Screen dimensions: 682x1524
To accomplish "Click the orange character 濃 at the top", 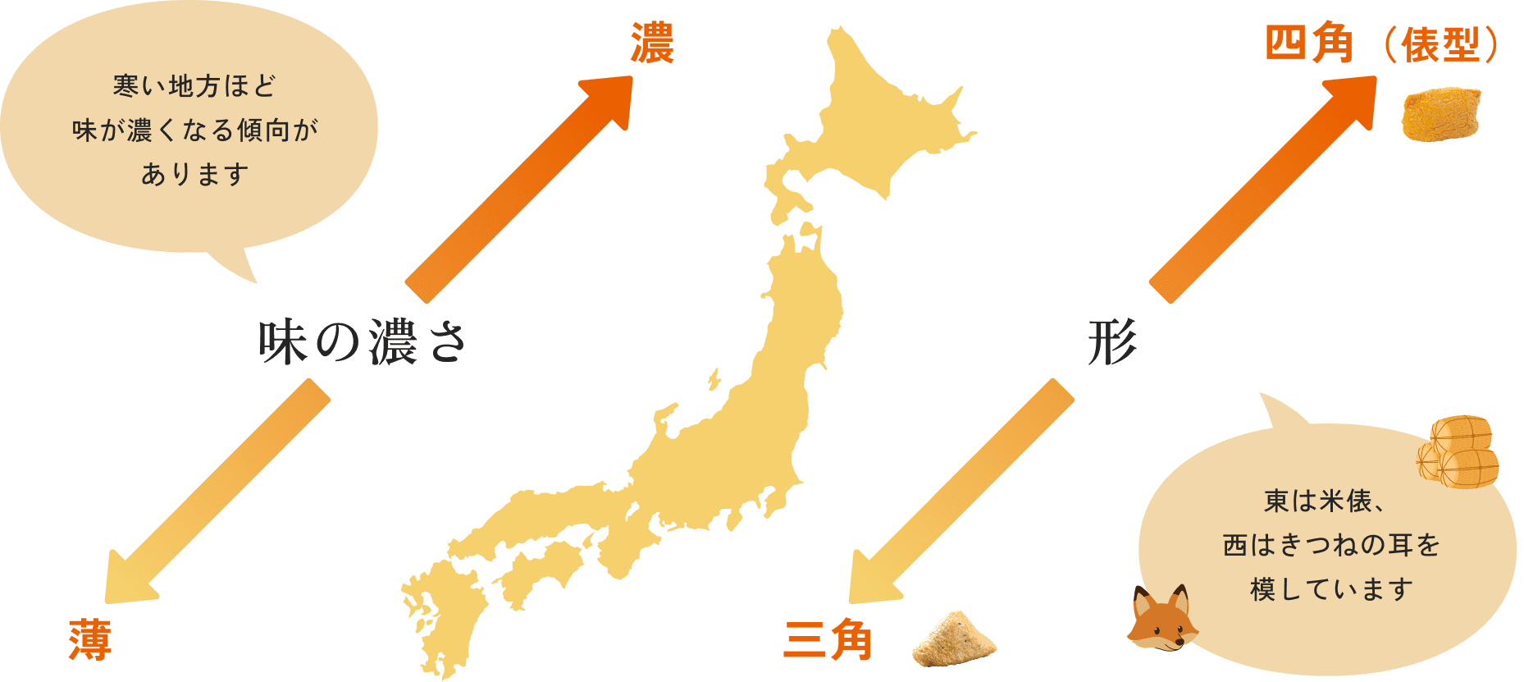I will (x=652, y=43).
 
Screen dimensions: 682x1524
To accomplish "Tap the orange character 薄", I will (x=90, y=639).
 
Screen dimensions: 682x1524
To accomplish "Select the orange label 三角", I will (x=828, y=641).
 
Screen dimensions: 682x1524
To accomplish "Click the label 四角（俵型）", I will (x=1383, y=44).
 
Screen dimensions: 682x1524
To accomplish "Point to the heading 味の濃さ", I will (x=362, y=341).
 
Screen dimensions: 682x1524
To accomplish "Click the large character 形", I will (x=1112, y=341).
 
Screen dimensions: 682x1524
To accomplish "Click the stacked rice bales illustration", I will (x=1458, y=452).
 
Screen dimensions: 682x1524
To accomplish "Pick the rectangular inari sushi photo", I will (x=1442, y=112).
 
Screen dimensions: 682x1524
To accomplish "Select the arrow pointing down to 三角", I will (x=960, y=492).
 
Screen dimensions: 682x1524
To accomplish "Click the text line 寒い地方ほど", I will (x=194, y=85).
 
